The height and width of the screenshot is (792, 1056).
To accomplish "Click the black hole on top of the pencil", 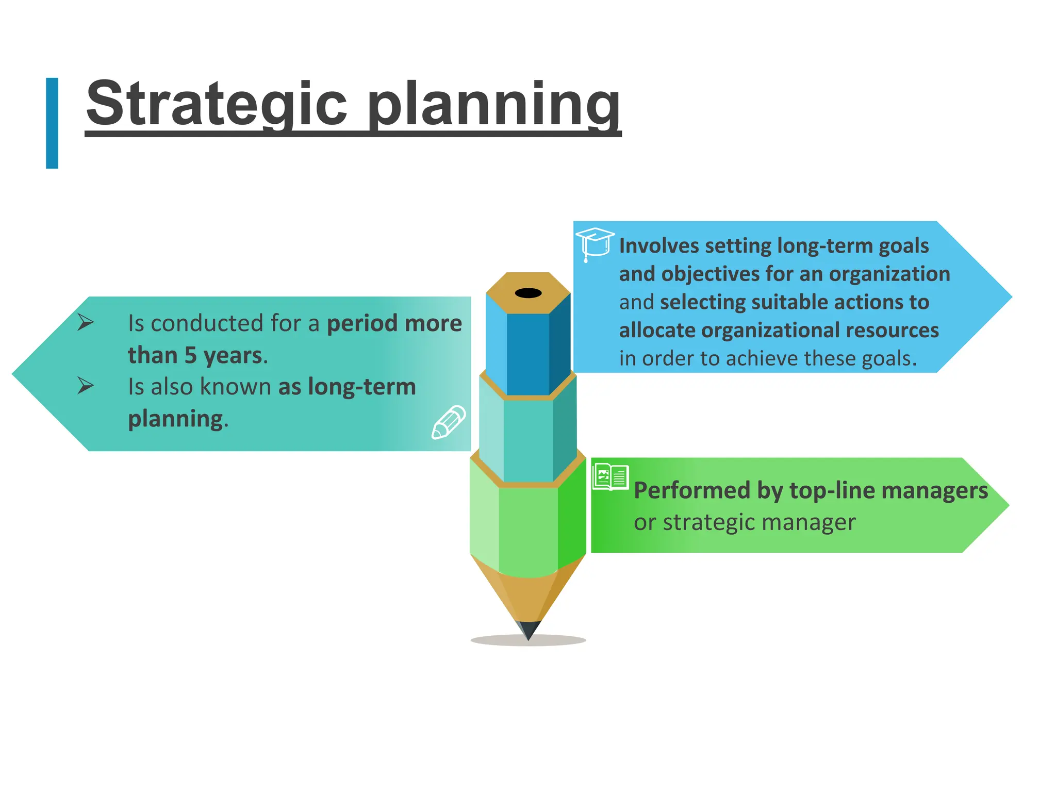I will (528, 293).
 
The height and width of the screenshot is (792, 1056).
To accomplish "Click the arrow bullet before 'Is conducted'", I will (86, 323).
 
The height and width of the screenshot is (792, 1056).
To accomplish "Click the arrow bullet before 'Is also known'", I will (86, 386).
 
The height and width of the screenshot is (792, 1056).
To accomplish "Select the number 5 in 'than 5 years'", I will (191, 355).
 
